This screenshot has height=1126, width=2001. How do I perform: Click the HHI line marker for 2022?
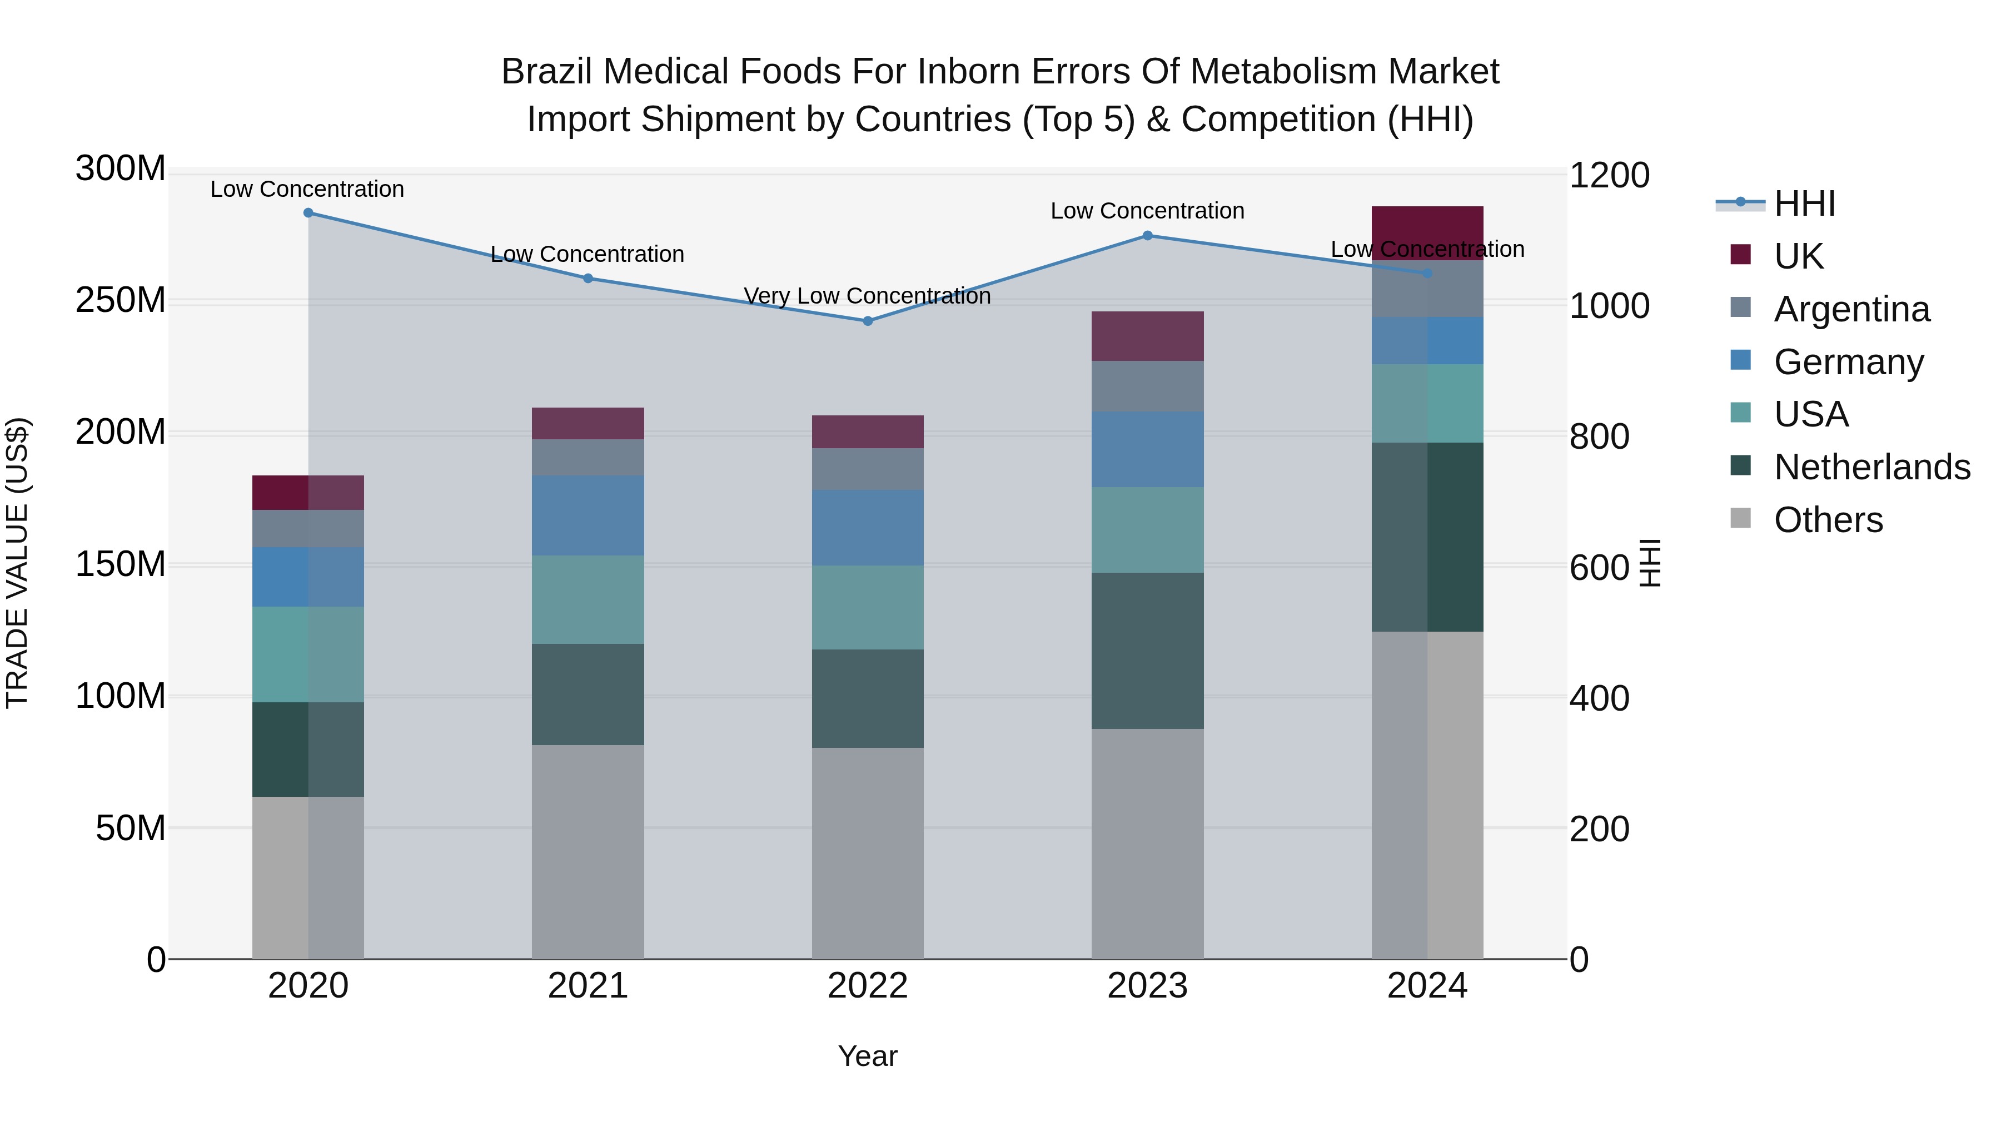868,321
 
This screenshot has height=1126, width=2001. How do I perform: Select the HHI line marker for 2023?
1147,235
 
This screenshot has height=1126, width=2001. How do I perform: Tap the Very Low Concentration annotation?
867,296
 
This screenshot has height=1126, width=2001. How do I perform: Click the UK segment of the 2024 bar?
1427,233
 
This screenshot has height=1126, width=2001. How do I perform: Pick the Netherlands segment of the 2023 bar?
1147,651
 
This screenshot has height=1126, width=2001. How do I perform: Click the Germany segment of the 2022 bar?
868,528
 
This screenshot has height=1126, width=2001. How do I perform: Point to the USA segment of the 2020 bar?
308,654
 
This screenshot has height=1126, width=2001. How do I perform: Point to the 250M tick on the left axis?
121,300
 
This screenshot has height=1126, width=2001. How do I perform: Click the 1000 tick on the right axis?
1609,306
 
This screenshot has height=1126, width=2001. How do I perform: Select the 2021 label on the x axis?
588,986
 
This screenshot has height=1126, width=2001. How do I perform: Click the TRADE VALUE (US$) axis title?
17,563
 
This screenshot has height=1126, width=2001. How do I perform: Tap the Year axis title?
868,1056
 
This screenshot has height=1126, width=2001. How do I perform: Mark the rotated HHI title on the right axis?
1649,563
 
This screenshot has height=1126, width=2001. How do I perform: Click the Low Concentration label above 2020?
307,189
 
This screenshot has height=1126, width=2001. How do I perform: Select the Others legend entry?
1828,520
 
